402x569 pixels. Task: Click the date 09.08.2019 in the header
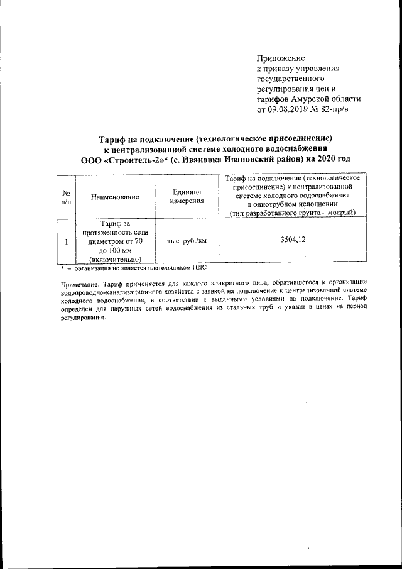click(292, 109)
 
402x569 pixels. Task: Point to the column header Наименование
click(114, 197)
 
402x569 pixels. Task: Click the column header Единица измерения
click(187, 196)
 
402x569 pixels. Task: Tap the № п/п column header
click(66, 197)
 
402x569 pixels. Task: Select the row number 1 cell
click(66, 240)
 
